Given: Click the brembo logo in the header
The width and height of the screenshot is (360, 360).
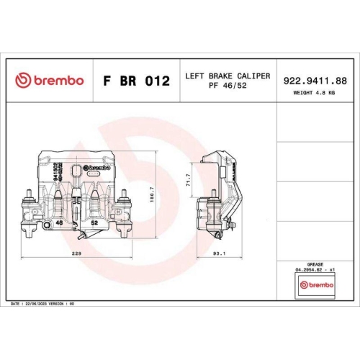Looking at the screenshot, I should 49,81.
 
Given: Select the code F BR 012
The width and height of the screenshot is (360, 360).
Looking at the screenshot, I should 137,81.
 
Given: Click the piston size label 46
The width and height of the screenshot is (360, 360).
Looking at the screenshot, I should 60,224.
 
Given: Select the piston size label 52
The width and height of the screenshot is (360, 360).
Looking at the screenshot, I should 94,224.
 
